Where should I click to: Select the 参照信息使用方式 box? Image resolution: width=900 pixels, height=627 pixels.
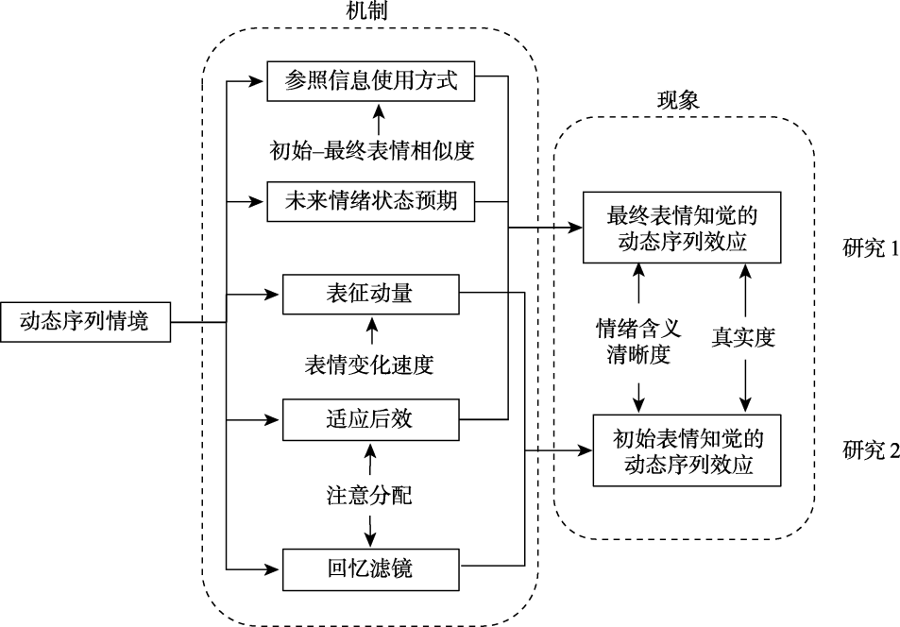(371, 81)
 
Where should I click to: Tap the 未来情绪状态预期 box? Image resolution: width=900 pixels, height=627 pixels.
(371, 201)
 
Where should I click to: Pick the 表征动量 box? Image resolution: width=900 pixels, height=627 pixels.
(371, 295)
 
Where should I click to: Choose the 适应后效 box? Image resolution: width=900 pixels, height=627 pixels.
(371, 418)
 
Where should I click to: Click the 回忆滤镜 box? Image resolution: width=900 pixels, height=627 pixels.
(371, 568)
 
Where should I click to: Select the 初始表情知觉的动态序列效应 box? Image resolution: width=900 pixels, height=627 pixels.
(688, 450)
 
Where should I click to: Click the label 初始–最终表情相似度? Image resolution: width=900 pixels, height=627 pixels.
(371, 148)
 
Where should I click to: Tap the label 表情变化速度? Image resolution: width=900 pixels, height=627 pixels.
(371, 365)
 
